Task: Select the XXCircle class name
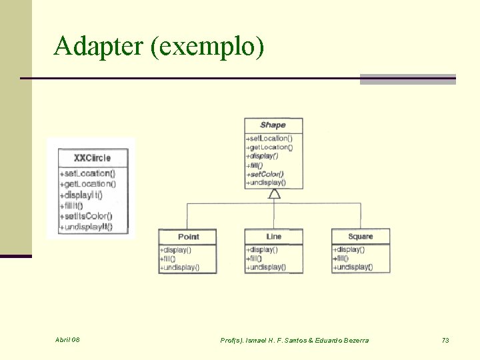click(92, 158)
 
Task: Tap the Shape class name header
click(273, 125)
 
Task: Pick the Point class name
click(188, 237)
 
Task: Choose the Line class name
click(273, 237)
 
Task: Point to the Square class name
click(360, 237)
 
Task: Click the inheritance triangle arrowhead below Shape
click(273, 194)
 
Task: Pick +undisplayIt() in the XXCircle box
click(86, 227)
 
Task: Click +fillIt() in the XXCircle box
click(77, 205)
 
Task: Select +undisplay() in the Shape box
click(266, 182)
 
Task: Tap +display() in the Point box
click(175, 250)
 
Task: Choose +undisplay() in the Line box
click(266, 267)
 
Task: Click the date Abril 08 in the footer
click(67, 340)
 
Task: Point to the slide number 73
click(445, 340)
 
